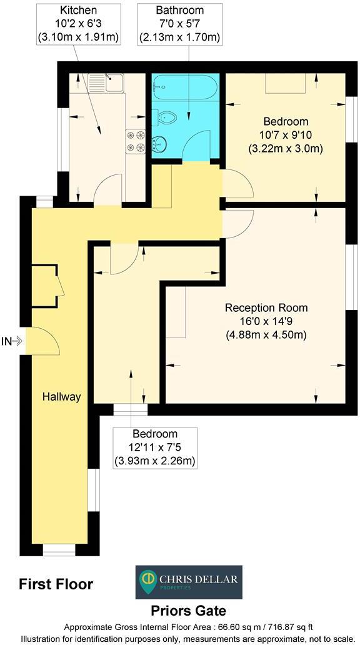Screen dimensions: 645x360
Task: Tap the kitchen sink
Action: (106, 82)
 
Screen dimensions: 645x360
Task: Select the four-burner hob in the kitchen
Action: (136, 141)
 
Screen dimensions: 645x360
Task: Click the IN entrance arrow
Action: (13, 341)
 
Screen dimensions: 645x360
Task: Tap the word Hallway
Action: (61, 396)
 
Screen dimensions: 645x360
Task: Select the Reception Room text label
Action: (266, 307)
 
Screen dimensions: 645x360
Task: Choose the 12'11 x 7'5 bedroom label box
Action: (154, 447)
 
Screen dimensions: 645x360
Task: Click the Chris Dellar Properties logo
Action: (188, 582)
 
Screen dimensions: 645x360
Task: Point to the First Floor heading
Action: (56, 584)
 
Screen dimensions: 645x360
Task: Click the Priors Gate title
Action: (188, 611)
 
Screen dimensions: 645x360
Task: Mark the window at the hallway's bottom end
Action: (59, 550)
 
